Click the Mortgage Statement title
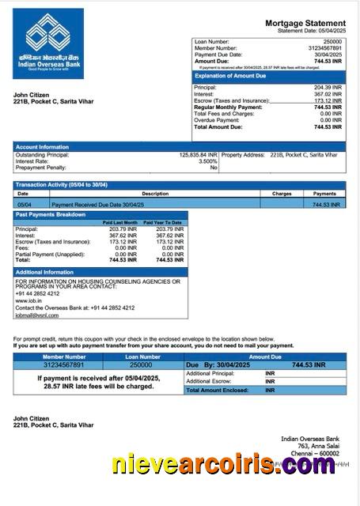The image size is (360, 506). tap(305, 24)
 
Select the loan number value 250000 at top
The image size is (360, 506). tap(333, 40)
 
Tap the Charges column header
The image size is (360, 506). tap(282, 193)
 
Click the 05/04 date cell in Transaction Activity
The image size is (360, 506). tap(24, 204)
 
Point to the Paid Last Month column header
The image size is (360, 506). tap(120, 223)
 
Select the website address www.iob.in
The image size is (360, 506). tap(27, 300)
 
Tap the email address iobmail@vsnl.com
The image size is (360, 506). tap(36, 315)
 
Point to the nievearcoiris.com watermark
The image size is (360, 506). tap(223, 466)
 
